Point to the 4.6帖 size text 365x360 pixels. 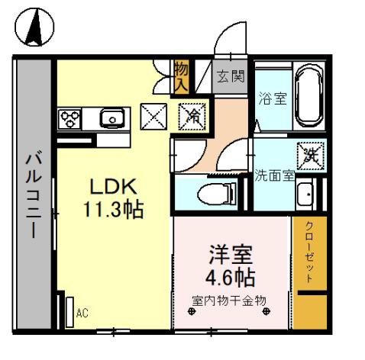pyautogui.click(x=230, y=275)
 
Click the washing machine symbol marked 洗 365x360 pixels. pyautogui.click(x=310, y=156)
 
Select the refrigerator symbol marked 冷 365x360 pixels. pyautogui.click(x=191, y=117)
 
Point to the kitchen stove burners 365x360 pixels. pyautogui.click(x=71, y=118)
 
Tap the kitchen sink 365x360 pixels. pyautogui.click(x=112, y=118)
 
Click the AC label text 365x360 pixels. pyautogui.click(x=83, y=313)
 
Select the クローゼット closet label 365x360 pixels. pyautogui.click(x=309, y=251)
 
